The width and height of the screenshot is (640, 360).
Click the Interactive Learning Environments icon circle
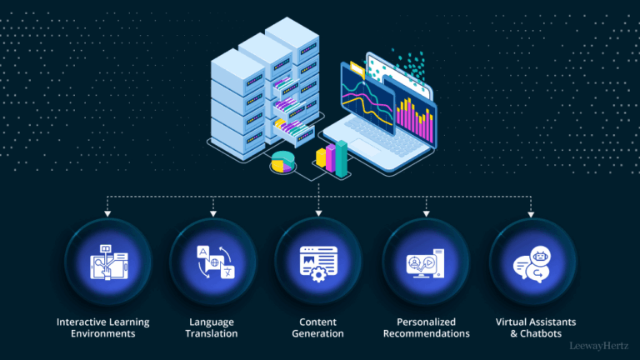(107, 260)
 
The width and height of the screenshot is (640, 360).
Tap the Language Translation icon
(213, 260)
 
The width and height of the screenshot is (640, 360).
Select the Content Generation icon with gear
(319, 260)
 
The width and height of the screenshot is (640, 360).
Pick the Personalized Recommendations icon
(426, 260)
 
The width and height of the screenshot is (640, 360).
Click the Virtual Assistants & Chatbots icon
(532, 260)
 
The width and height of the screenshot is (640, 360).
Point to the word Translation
(212, 333)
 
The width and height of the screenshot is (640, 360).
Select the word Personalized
(426, 322)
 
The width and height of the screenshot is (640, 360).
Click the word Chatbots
(551, 333)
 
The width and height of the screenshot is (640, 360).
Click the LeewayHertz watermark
(599, 344)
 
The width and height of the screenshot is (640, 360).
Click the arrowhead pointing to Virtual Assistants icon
(532, 213)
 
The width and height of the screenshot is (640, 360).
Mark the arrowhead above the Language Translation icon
(213, 213)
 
